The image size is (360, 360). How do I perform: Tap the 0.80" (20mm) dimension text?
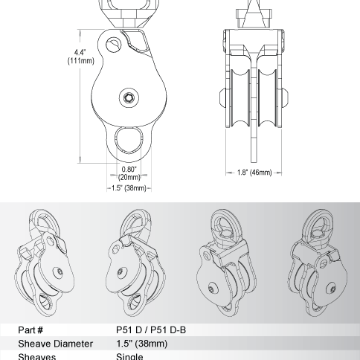129,173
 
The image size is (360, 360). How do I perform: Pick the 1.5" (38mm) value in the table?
141,343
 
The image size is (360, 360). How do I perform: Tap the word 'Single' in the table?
130,356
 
